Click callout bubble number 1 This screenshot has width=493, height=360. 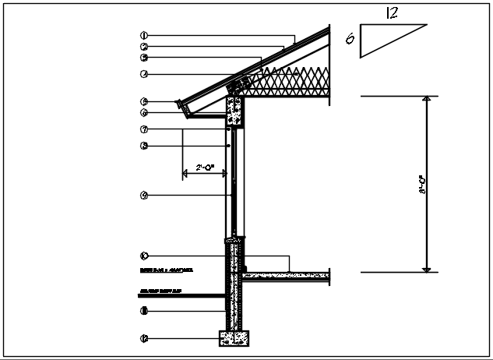pos(144,35)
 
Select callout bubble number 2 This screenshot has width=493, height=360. pos(144,47)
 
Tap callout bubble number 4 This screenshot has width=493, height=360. pos(144,75)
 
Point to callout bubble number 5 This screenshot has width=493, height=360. pos(144,101)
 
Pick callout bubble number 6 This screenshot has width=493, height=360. pos(144,113)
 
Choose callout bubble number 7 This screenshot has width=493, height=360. pos(144,129)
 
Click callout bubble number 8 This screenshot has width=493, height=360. pos(144,146)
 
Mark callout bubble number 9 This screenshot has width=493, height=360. pos(144,195)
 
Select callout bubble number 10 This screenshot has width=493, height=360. pos(144,256)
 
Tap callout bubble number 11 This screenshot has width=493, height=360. pos(144,312)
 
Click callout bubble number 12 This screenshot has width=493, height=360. pos(144,338)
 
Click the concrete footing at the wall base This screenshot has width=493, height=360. pos(234,338)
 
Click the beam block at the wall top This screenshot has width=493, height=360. pos(234,112)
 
